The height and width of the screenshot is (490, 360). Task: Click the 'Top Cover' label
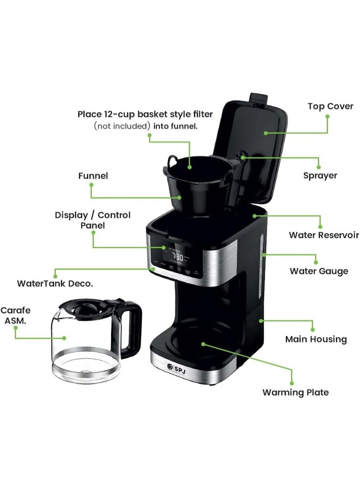point(330,107)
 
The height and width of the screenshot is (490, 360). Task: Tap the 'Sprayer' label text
point(320,175)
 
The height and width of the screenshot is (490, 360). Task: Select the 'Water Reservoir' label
point(324,235)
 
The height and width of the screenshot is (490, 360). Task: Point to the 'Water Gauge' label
point(319,271)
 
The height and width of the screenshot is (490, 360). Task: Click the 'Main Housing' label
point(316,339)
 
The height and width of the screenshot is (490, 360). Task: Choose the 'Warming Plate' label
point(295,392)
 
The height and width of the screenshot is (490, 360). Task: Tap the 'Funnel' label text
point(93,176)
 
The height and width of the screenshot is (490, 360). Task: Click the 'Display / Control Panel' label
point(93,220)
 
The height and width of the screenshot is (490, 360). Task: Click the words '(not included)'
point(122,126)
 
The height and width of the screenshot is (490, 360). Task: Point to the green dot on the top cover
point(266,133)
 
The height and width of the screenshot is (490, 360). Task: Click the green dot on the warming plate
point(203,344)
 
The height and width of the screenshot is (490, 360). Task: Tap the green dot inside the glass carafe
point(64,338)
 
